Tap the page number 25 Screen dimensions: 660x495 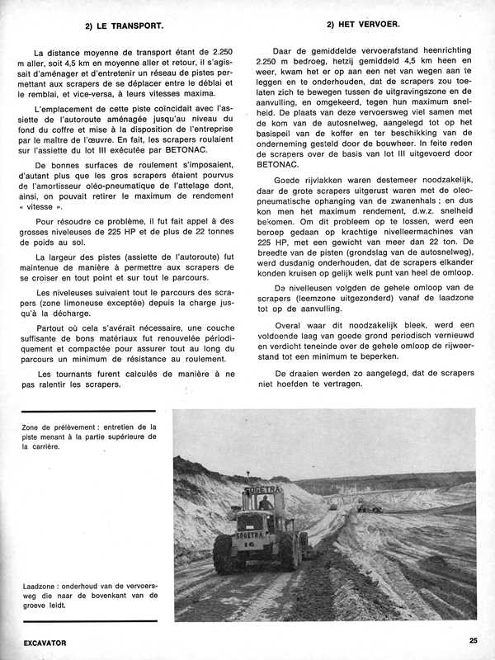(472, 639)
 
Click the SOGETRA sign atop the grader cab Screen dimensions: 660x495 (263, 492)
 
